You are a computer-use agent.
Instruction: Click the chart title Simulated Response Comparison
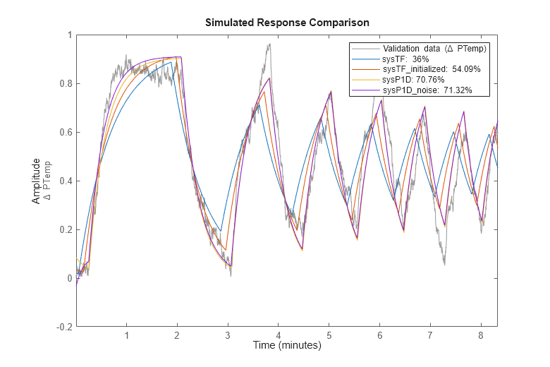[x=287, y=23]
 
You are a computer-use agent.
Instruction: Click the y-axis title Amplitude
[x=36, y=181]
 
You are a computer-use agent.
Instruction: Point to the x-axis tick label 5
[x=329, y=335]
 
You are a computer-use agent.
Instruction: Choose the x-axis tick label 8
[x=481, y=335]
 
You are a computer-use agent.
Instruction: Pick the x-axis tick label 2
[x=178, y=335]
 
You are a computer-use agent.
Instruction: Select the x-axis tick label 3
[x=228, y=335]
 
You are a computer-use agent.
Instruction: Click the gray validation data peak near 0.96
[x=269, y=45]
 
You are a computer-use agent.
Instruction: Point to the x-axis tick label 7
[x=430, y=335]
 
